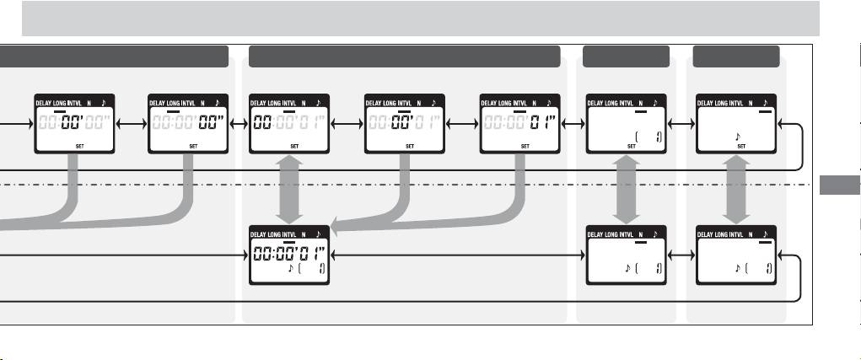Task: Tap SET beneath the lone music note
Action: point(741,146)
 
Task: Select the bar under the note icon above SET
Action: point(765,110)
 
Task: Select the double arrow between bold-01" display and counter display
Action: point(570,123)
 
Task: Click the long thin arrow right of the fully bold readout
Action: point(455,253)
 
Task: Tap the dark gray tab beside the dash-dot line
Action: point(839,185)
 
